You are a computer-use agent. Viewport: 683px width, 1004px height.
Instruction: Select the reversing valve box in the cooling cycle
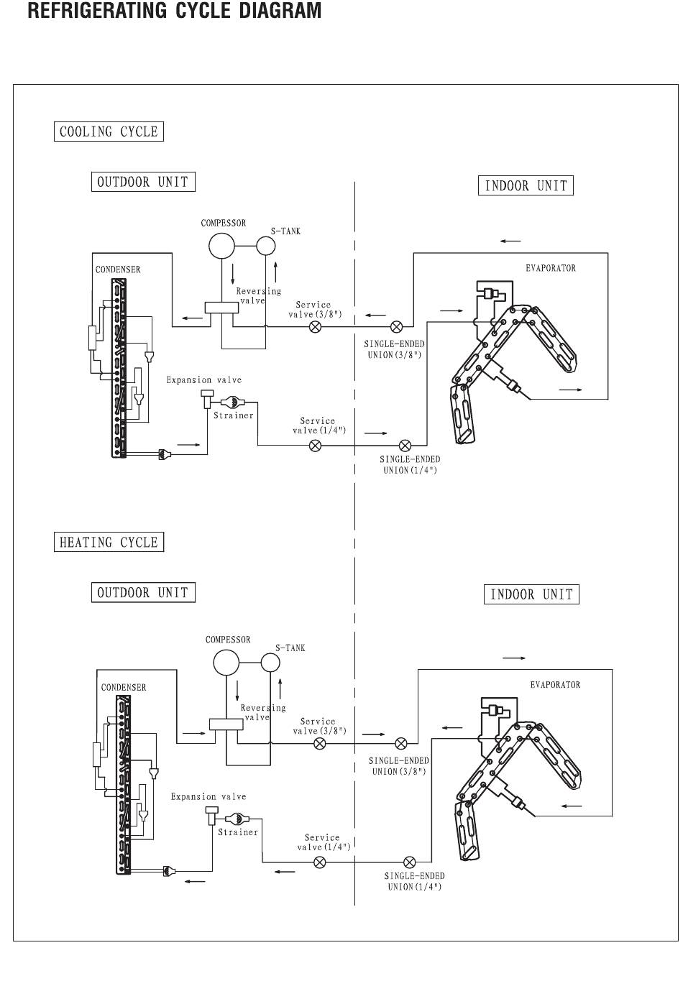pos(221,308)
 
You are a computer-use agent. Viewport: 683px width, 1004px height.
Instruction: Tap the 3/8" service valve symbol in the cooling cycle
pos(316,327)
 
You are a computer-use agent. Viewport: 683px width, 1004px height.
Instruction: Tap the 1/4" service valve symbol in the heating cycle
pos(320,862)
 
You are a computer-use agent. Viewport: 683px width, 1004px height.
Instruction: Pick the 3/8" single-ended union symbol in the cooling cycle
pos(396,327)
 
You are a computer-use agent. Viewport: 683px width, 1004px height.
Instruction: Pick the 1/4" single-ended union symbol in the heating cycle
pos(410,862)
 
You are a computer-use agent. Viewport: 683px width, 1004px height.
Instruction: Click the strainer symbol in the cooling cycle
pos(232,402)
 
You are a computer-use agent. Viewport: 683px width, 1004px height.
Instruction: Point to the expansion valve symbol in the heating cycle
pos(211,816)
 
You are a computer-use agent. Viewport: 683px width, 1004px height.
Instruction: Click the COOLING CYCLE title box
pos(109,132)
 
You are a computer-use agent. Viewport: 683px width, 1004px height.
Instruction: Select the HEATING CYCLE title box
pos(109,542)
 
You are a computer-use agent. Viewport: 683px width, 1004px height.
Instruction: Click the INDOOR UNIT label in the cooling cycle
pos(526,185)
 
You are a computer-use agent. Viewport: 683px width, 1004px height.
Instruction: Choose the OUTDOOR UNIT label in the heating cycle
pos(144,592)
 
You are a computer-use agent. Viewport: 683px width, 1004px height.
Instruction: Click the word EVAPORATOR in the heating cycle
pos(555,685)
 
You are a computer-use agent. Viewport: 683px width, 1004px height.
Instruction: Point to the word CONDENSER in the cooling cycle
pos(118,270)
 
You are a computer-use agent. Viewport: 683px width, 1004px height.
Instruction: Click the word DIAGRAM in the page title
pos(280,10)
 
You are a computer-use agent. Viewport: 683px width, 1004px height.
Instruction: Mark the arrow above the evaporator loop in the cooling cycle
pos(510,241)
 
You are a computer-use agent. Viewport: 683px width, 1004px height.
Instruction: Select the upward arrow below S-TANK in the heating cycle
pos(280,689)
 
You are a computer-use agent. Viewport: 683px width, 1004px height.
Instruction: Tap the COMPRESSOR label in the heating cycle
pos(228,640)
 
